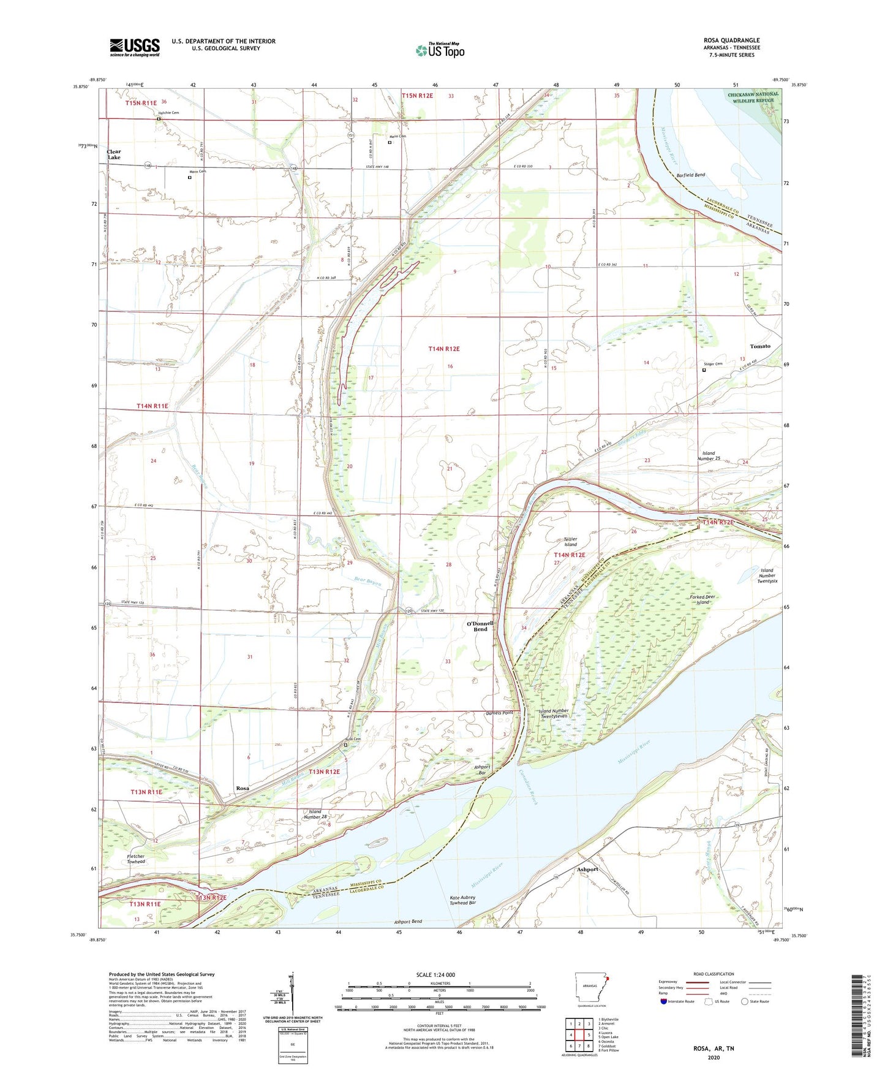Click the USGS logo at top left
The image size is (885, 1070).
[135, 47]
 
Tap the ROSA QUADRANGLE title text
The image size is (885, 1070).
[731, 40]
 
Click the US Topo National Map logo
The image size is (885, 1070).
[439, 50]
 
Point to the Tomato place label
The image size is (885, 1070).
[760, 346]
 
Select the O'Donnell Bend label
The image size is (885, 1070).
[480, 626]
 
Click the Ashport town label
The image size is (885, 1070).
[587, 869]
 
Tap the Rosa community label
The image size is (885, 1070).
[243, 788]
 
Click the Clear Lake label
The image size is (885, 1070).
[114, 154]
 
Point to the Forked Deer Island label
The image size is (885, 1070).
[702, 599]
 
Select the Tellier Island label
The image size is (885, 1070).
[570, 542]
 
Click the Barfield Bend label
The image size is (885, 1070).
[690, 175]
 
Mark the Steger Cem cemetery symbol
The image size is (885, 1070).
[704, 370]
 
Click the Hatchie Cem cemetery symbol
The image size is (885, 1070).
[159, 120]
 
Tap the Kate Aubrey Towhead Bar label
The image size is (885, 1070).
[462, 900]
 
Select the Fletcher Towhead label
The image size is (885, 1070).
[136, 859]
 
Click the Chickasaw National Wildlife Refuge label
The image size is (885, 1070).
[753, 97]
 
